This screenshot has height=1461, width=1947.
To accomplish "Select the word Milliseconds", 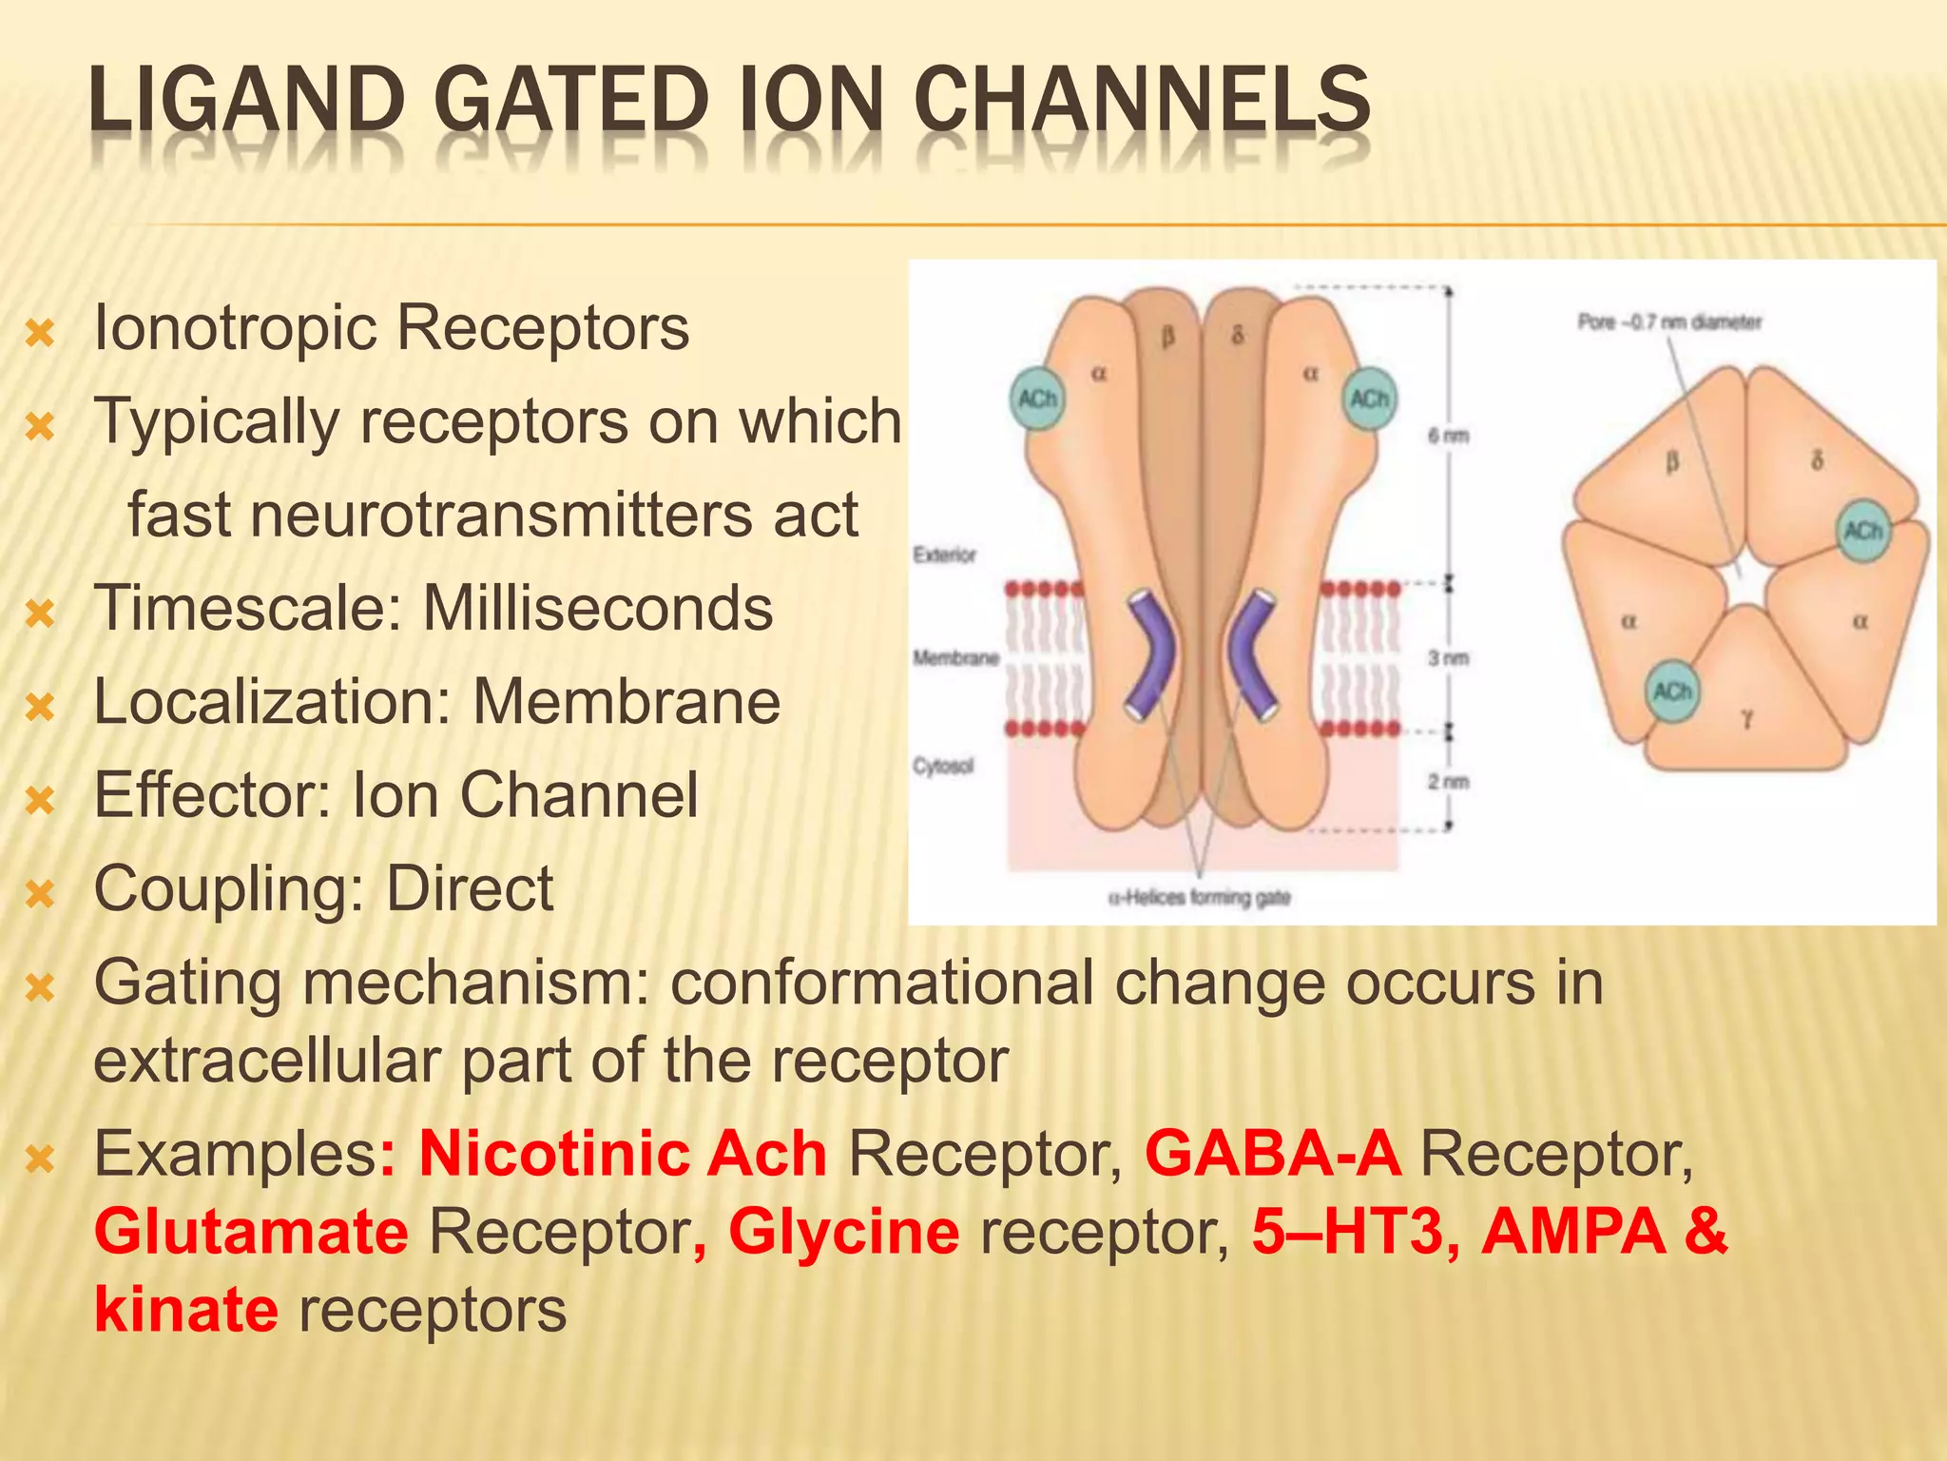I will [x=597, y=609].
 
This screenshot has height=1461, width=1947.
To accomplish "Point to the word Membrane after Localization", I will [x=627, y=702].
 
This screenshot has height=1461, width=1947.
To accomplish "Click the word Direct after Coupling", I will [x=469, y=889].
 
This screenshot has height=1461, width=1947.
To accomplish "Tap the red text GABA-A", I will [x=1272, y=1154].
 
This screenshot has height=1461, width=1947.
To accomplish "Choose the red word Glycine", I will [x=843, y=1232].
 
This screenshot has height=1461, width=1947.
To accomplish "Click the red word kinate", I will [x=186, y=1310].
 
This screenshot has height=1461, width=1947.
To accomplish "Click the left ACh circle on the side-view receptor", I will [x=1036, y=399].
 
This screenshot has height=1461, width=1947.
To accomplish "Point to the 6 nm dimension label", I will [x=1448, y=436].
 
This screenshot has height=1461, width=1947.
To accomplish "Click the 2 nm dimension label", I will [x=1448, y=782].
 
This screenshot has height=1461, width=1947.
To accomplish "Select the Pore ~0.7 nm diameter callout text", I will [x=1669, y=322].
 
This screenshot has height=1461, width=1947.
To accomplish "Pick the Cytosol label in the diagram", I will [x=943, y=766].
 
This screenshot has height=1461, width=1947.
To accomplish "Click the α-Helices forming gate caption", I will [x=1199, y=897].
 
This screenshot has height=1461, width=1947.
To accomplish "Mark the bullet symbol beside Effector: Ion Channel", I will [x=40, y=800].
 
